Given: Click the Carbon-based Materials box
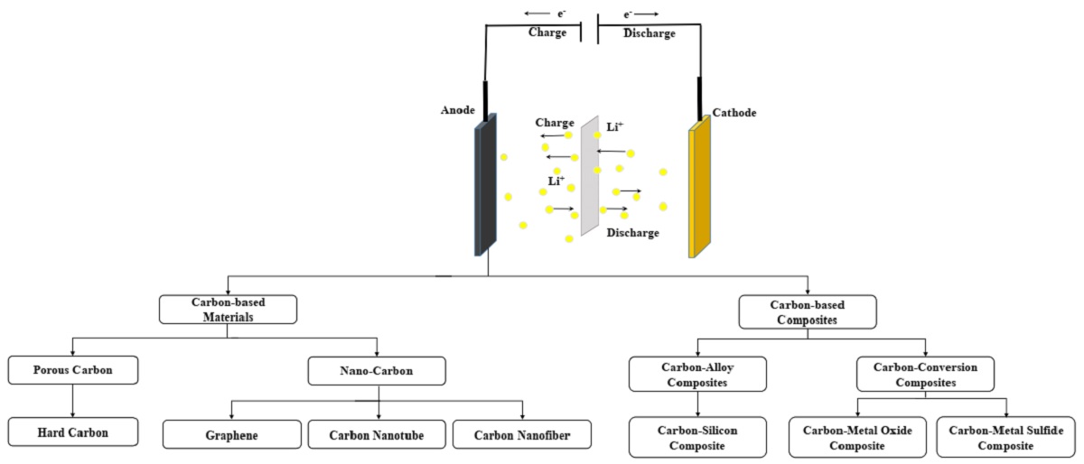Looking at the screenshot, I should tap(228, 310).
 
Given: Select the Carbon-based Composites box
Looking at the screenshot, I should tap(806, 311).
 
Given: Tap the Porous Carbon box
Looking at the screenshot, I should tap(73, 369).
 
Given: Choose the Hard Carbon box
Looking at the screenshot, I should tap(73, 432).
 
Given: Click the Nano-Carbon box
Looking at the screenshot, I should tap(377, 370).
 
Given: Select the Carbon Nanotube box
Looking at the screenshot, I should tap(377, 434).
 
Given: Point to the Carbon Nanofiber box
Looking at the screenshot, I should tap(522, 434).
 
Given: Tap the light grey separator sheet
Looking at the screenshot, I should tap(589, 176).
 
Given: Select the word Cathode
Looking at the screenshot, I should tap(734, 113).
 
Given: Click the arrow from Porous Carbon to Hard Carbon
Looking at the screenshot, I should tap(73, 399).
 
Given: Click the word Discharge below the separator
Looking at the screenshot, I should tap(632, 233).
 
